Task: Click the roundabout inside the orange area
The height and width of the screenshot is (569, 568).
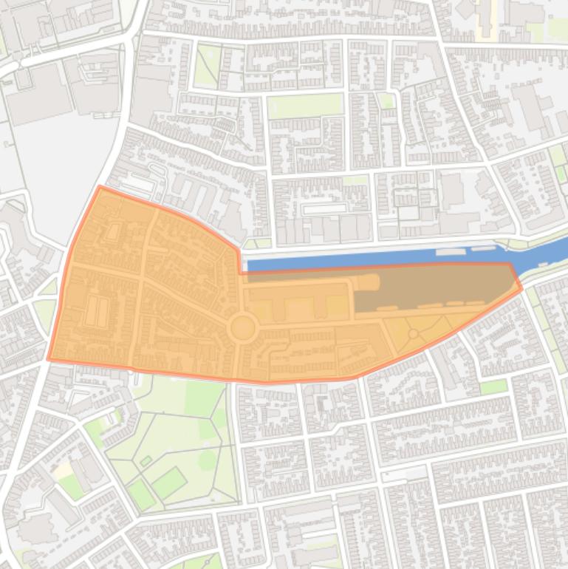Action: point(242,327)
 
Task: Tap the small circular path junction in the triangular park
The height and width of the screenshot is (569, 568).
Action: point(413,335)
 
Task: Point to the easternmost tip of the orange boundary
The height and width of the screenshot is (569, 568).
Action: point(521,289)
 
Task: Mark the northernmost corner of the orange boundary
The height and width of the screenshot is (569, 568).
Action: point(100,187)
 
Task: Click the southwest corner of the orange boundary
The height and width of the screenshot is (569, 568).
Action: point(49,359)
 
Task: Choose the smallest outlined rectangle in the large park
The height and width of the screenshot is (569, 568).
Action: point(146,462)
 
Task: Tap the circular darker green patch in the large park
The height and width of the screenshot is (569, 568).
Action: point(208,460)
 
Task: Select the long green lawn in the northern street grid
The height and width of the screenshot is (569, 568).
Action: point(305,105)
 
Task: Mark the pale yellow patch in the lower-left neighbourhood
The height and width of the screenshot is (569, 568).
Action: point(62,470)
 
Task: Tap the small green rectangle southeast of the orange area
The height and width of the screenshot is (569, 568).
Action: point(494,386)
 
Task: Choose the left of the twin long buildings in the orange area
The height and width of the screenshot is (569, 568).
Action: point(92,311)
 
